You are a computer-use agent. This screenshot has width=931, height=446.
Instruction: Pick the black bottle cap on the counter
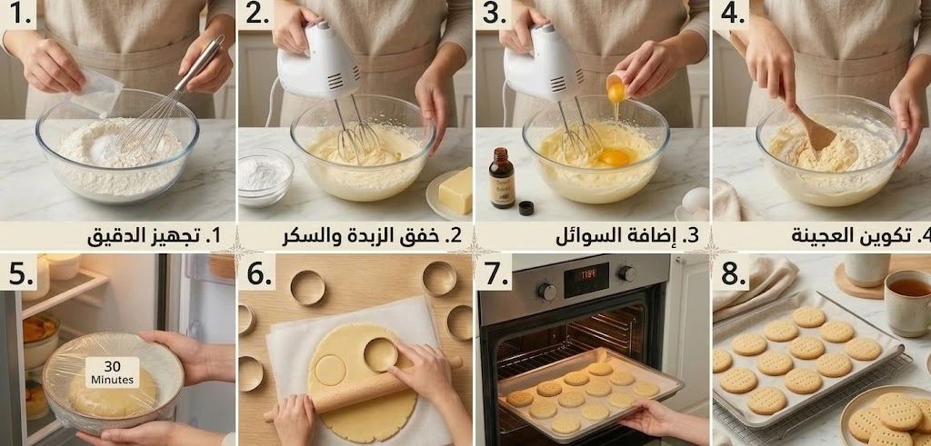(526, 208)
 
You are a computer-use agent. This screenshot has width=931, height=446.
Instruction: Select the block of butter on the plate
(456, 191)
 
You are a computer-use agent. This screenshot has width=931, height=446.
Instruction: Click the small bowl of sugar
(265, 175)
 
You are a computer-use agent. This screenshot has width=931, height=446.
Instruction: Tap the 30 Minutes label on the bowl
(112, 372)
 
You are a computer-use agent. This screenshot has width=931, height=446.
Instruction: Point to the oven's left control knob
(547, 291)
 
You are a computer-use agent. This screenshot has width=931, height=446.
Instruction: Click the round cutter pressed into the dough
(381, 354)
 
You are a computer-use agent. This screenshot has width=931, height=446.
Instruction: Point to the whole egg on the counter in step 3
(696, 200)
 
